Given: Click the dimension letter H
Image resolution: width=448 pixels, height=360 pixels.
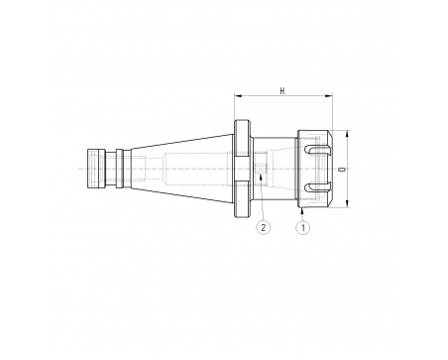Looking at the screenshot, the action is [282, 91].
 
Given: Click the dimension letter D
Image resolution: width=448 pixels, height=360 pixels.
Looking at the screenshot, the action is [343, 170].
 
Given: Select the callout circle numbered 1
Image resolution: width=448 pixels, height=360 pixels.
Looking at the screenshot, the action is [302, 228].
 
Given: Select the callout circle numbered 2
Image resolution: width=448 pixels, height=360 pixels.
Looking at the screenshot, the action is [264, 228].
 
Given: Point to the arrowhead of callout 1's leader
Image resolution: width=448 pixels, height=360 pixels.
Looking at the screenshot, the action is [302, 210].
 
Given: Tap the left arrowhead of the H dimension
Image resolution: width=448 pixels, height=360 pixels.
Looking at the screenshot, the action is [238, 96].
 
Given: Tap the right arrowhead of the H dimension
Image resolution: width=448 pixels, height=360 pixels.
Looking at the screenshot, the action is [329, 96].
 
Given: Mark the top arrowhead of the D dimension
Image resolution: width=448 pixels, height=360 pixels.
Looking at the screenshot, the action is [347, 135].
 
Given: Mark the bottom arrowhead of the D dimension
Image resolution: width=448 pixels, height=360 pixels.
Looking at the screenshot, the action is [347, 203].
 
